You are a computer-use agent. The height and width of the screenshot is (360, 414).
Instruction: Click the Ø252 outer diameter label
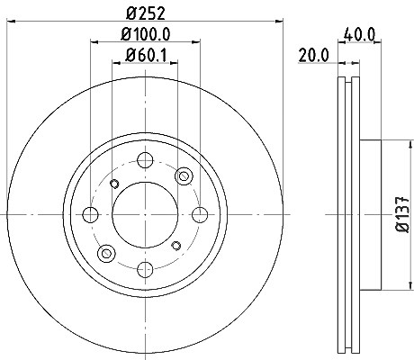[x=146, y=13]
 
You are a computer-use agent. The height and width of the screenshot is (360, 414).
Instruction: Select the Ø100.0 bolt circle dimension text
[x=146, y=34]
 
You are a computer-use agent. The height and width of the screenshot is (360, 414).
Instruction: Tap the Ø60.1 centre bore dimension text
[x=146, y=55]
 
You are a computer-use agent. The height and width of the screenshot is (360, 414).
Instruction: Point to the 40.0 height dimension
[x=360, y=34]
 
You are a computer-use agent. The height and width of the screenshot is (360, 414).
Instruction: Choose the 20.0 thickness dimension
[x=314, y=56]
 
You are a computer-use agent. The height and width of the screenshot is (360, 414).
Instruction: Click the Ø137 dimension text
[x=402, y=214]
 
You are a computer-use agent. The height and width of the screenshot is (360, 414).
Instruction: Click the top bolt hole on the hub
[x=145, y=160]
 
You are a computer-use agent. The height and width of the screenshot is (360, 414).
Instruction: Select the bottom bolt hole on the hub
[x=145, y=269]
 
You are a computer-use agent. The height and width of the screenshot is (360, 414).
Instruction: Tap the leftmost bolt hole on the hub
[x=90, y=215]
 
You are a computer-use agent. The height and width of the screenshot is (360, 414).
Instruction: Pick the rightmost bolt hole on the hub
[x=200, y=215]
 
